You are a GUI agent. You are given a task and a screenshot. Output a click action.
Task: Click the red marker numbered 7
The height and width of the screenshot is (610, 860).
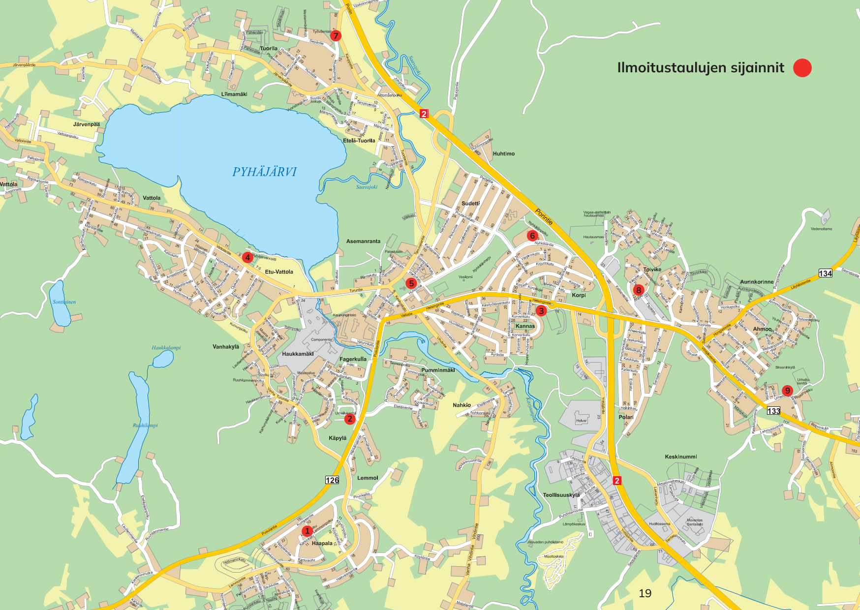coord(336,36)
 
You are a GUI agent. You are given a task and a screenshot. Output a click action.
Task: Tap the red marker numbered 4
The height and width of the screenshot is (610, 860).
coord(247,257)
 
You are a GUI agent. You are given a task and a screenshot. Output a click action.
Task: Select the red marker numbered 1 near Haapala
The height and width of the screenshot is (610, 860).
coord(307,531)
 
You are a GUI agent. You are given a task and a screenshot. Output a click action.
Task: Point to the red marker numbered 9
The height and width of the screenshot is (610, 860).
coord(787,391)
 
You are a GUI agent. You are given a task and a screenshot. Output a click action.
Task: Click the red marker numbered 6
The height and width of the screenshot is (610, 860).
coord(532,236)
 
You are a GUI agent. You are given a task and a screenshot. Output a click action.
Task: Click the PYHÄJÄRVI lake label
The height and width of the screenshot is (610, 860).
coord(265,172)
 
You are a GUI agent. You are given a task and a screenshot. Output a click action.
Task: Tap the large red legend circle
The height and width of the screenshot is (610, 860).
coord(802,68)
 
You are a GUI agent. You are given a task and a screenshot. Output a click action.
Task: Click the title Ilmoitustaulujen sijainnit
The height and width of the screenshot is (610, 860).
coord(701,68)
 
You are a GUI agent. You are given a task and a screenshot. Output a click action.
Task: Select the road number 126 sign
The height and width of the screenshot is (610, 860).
coord(332,480)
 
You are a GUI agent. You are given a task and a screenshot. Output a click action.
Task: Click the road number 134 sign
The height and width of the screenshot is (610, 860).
coord(825,274)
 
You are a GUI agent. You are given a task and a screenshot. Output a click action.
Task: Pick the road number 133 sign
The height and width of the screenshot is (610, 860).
coord(773,411)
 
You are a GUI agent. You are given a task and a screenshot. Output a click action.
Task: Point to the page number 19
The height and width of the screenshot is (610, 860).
coord(645,593)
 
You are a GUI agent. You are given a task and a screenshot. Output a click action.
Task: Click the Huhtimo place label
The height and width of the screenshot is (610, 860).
coord(504,154)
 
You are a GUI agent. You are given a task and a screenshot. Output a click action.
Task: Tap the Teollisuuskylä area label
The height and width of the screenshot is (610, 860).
coord(561,495)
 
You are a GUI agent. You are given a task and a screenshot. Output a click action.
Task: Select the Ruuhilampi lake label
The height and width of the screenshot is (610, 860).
coord(145,426)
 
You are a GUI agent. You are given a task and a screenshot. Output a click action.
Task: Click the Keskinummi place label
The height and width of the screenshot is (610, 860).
coord(681,457)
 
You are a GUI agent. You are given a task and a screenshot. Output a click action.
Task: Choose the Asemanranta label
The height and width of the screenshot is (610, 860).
coord(363,242)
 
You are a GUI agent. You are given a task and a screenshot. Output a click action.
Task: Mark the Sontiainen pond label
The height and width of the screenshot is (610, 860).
coord(64,302)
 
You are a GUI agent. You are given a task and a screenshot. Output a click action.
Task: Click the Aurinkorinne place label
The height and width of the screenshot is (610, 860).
coord(757,282)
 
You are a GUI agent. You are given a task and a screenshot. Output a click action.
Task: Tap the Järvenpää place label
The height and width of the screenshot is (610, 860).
coord(86,124)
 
